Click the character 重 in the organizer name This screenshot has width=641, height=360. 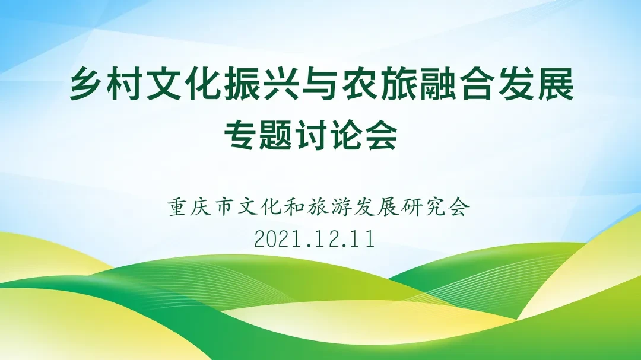177,207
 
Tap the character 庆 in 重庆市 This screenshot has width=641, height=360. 201,207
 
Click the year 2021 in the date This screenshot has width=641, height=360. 277,239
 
